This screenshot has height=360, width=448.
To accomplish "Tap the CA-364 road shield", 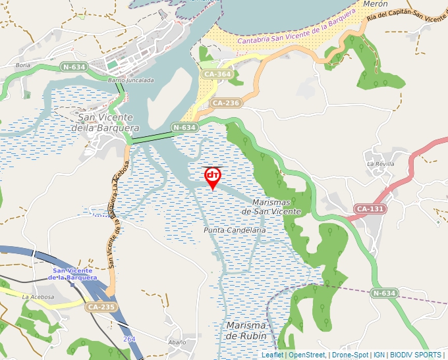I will [217, 74].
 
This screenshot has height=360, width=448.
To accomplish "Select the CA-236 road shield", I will [226, 103].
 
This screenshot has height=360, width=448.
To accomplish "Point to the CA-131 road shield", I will [370, 209].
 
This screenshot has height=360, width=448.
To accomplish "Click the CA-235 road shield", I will [100, 307].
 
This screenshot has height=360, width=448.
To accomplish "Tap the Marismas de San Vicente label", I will [271, 207].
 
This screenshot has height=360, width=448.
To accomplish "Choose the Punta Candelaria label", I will [235, 230].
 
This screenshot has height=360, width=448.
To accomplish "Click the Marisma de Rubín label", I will [246, 330].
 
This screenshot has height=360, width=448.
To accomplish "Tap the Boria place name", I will [23, 66].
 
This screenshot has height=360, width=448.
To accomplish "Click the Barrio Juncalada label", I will [130, 80].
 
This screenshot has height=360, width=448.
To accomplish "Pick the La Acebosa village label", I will [37, 297].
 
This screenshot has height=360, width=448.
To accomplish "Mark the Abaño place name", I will [177, 342].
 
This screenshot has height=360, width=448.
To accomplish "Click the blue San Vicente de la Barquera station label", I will [76, 274].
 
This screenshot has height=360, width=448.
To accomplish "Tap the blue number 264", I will [130, 338].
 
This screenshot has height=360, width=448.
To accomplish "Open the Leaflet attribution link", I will [272, 355].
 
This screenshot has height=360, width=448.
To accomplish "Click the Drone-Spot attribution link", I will [350, 355].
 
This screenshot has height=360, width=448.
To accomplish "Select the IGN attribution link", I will [379, 355].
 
